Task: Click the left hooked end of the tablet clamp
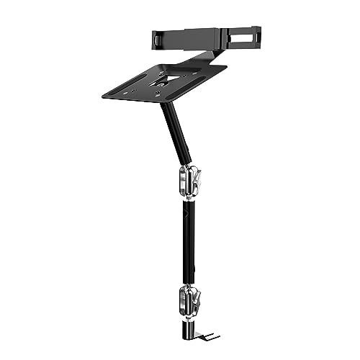point(156,39)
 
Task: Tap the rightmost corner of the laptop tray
point(225,68)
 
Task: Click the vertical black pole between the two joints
point(189,238)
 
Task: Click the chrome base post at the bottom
point(189,328)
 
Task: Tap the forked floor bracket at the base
point(209,336)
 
